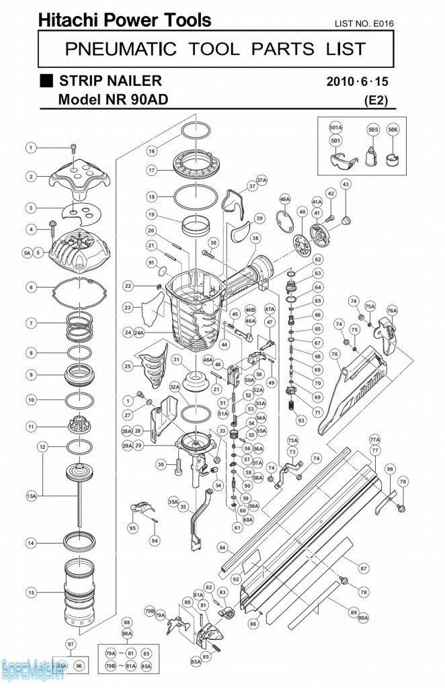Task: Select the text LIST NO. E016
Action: coord(364,24)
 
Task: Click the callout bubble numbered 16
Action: coord(152,151)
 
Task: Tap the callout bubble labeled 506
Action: coord(393,129)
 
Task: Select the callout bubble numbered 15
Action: coord(31,593)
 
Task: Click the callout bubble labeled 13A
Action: coord(31,496)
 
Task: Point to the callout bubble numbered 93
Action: coord(300,420)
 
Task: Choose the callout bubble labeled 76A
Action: coord(391,310)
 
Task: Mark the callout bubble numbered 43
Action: coord(346,184)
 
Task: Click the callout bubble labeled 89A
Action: coord(363,617)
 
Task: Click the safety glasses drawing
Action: coord(341,161)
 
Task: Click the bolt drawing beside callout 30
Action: coord(179,464)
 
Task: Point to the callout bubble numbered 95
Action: coord(132,528)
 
